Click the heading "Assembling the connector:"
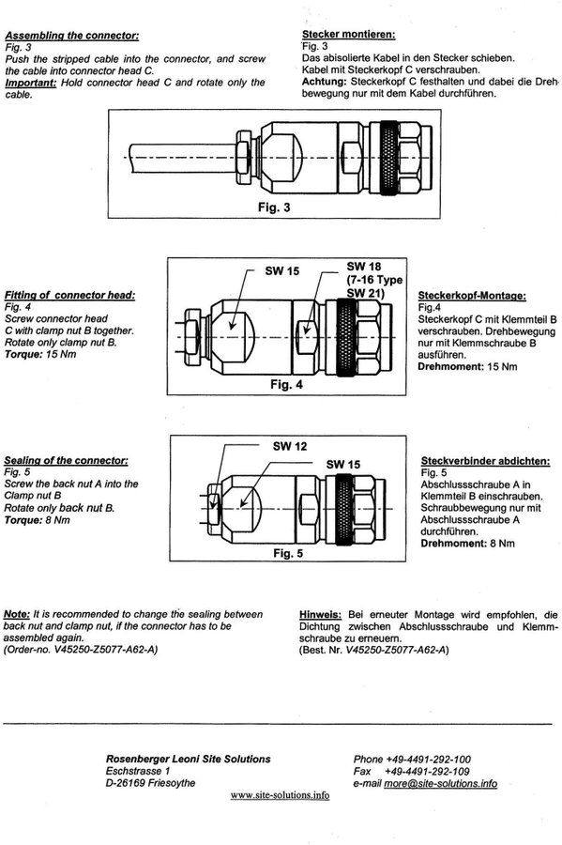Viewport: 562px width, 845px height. (x=72, y=36)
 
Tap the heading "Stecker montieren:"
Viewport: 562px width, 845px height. (x=348, y=35)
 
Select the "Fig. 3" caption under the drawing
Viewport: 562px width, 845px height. (x=274, y=207)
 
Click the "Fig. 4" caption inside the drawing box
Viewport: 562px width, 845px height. (x=286, y=385)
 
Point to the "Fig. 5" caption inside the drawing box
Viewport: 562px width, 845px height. (x=288, y=553)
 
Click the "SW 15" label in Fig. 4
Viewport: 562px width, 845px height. (x=282, y=271)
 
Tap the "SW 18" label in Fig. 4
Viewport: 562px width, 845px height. (x=363, y=267)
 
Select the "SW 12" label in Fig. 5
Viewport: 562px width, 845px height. (x=290, y=446)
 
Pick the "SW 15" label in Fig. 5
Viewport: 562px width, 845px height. (x=342, y=465)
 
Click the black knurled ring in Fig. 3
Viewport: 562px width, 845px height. (x=388, y=158)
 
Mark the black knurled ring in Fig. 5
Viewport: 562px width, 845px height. (x=344, y=509)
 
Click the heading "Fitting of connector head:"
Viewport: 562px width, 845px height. (x=70, y=296)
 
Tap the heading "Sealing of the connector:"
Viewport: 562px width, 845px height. (x=67, y=461)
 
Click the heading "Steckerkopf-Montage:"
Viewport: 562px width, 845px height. (x=472, y=296)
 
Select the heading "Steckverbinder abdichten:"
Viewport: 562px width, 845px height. (x=486, y=461)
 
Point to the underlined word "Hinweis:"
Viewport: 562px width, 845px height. (x=320, y=615)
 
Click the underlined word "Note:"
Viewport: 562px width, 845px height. (x=17, y=614)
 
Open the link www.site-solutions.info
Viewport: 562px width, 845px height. (x=280, y=795)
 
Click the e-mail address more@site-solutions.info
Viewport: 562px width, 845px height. (x=440, y=784)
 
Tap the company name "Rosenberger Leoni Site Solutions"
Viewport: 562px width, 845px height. (x=189, y=760)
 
